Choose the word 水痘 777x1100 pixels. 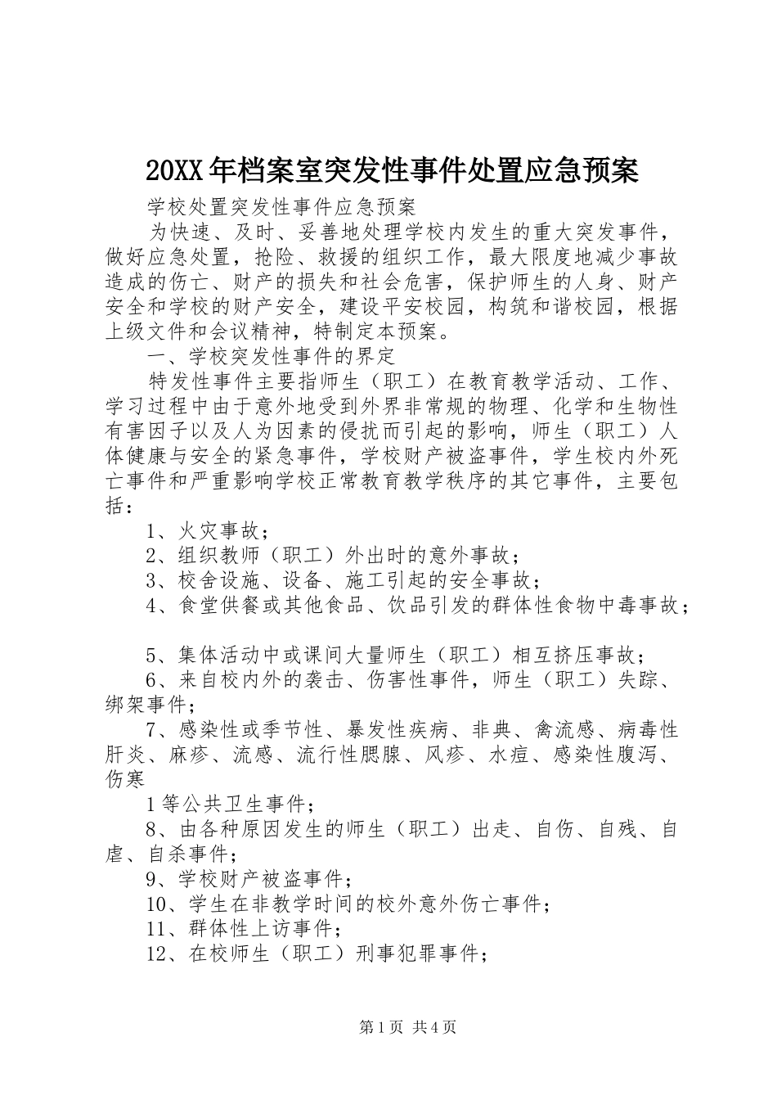coord(511,755)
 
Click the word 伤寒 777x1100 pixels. coord(125,779)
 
